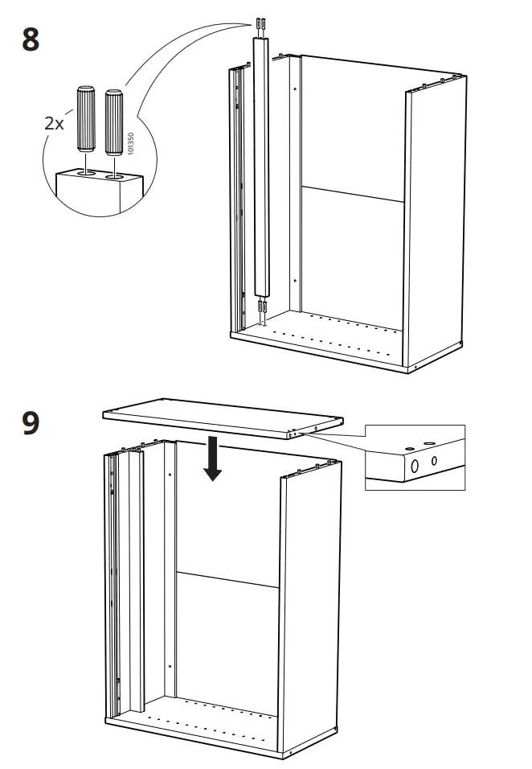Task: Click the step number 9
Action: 30,422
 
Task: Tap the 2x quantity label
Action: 55,123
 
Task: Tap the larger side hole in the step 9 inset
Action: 415,466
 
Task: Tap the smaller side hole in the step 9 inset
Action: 434,461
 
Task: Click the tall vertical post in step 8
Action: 263,169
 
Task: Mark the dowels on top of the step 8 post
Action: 261,27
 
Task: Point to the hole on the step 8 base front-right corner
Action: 416,368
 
